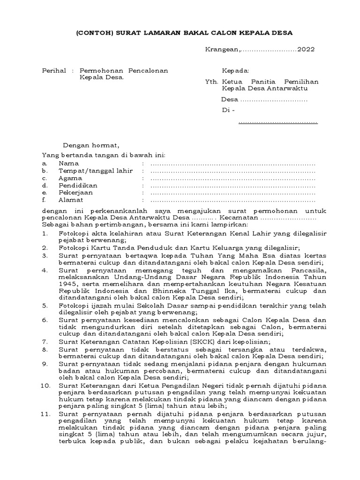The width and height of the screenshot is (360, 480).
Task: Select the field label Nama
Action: click(68, 164)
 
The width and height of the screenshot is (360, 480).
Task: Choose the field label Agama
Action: click(70, 178)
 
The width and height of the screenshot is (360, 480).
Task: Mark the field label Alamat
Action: click(71, 200)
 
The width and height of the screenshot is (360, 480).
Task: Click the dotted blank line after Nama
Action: click(232, 164)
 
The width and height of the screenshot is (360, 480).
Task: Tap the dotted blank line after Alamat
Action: click(232, 200)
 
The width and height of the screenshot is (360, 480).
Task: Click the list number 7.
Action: click(45, 342)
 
